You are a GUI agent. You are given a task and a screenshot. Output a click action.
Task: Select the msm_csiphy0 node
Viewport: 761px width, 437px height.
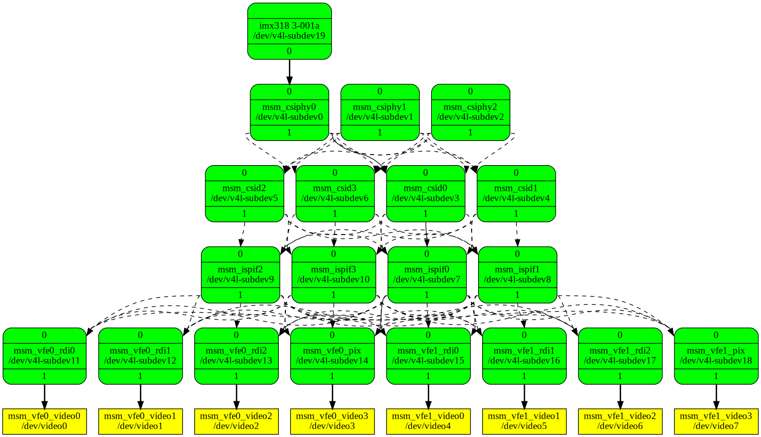289,112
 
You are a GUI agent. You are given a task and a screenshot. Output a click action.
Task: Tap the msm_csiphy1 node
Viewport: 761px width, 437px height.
379,112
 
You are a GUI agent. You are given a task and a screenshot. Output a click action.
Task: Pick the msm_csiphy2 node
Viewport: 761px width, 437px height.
470,112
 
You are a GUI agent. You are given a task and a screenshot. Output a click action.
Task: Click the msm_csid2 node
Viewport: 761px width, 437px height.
244,193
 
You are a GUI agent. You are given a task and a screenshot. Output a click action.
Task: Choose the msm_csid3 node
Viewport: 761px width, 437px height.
335,193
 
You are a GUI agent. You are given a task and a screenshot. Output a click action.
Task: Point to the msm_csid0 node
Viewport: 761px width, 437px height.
425,193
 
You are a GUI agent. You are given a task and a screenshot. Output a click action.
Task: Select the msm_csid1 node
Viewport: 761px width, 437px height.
516,193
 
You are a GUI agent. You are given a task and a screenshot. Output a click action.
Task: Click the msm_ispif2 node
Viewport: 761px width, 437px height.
240,274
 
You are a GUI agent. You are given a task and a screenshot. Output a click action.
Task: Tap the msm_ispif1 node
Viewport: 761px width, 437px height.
517,274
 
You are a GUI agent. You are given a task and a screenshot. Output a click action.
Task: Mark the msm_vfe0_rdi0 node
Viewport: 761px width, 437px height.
44,355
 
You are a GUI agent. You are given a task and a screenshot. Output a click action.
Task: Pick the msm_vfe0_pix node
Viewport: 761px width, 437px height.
332,355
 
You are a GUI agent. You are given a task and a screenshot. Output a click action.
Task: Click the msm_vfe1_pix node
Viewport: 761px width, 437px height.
716,355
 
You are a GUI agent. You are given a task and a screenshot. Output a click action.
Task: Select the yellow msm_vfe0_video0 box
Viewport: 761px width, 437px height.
44,421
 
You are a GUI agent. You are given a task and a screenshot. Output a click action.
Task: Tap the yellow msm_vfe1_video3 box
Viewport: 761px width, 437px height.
716,421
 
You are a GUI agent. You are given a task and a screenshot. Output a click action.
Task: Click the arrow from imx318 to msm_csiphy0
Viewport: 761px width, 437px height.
289,71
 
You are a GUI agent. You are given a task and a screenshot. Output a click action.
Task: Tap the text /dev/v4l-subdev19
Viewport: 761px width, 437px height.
289,36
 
